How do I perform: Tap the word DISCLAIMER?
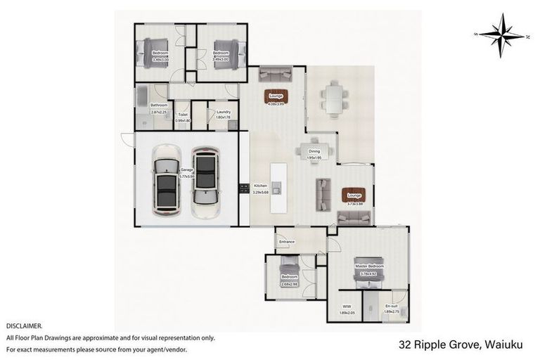(x=23, y=326)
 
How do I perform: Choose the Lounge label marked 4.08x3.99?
(x=275, y=97)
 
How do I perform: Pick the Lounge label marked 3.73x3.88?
(x=353, y=196)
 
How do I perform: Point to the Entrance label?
(x=287, y=243)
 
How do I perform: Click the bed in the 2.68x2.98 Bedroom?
(x=288, y=267)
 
